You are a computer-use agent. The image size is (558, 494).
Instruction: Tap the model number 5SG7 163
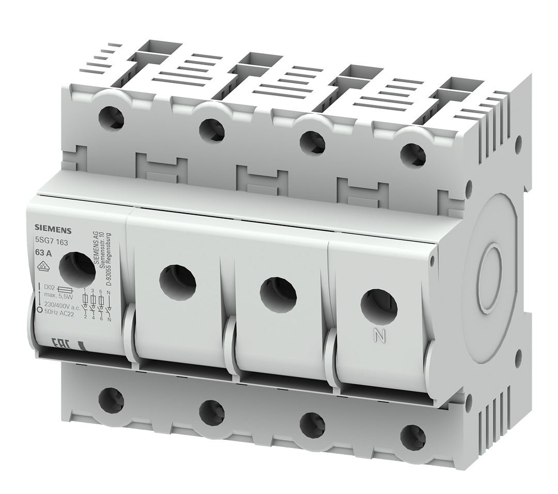pyautogui.click(x=51, y=242)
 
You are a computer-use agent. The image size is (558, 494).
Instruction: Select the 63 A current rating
pyautogui.click(x=43, y=253)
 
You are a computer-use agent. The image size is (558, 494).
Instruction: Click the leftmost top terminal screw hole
pyautogui.click(x=112, y=117)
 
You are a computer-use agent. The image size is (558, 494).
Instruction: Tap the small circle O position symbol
pyautogui.click(x=40, y=311)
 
